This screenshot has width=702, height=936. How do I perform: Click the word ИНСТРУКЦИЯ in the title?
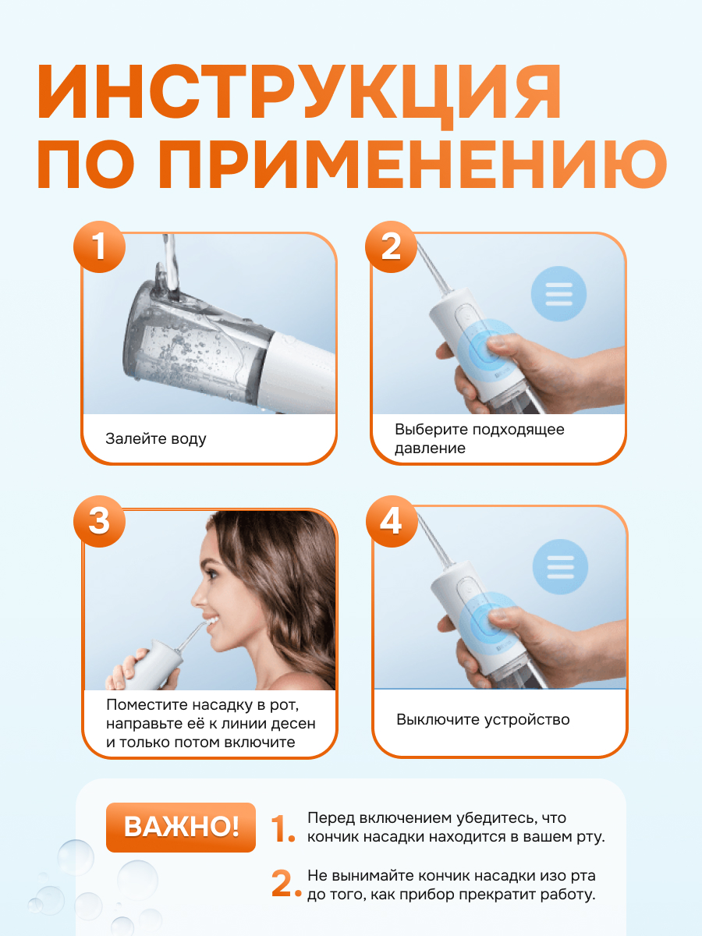click(300, 94)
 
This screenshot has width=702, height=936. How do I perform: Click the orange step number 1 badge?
click(99, 247)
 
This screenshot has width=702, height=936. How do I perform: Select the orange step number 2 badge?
click(391, 247)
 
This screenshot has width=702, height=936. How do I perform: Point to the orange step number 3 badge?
click(99, 522)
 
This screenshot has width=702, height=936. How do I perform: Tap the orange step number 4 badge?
click(392, 522)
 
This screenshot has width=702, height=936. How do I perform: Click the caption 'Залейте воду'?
click(155, 439)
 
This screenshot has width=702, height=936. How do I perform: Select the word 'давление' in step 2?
click(430, 448)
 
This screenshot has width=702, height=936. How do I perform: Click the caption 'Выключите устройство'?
click(483, 719)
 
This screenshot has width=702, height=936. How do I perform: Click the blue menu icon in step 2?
click(558, 294)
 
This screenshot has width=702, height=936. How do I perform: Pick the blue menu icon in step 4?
click(560, 567)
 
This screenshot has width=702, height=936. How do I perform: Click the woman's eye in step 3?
click(211, 573)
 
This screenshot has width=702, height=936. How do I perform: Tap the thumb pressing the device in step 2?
click(505, 344)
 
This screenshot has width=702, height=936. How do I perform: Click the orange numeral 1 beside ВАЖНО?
click(282, 828)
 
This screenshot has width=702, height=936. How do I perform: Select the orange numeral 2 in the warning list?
click(286, 884)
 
